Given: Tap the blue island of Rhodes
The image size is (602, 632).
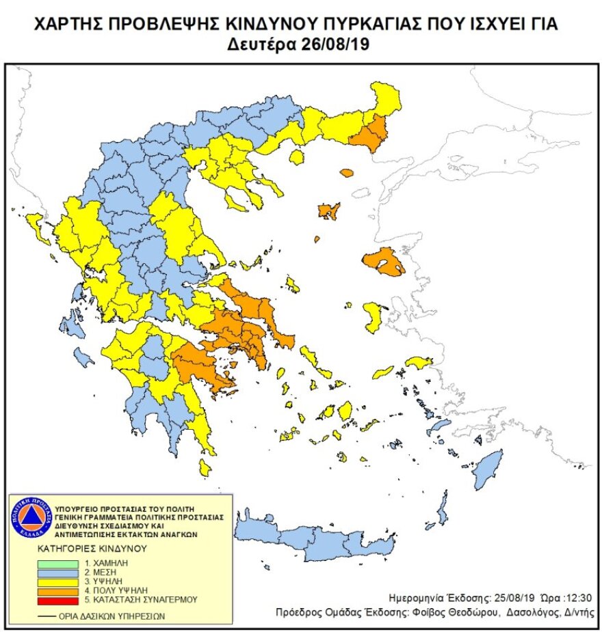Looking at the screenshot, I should click(x=488, y=465).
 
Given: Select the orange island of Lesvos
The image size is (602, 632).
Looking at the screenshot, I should click(x=383, y=262).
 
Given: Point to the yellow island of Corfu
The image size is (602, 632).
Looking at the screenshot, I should click(x=36, y=226).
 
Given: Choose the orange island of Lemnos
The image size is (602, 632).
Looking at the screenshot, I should click(x=329, y=210).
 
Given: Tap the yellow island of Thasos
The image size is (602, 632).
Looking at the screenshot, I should click(x=297, y=158).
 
